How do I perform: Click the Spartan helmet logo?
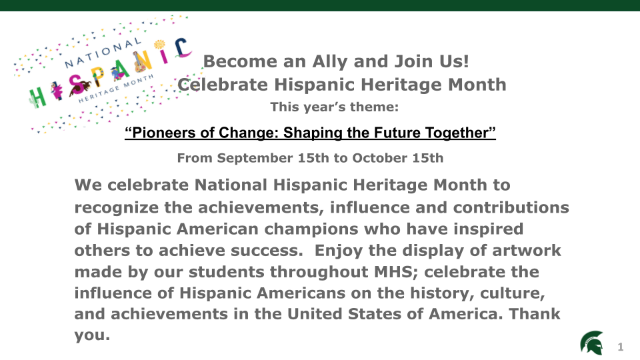[x=592, y=343]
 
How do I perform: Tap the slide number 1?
[x=621, y=347]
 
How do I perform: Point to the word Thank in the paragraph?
[x=534, y=314]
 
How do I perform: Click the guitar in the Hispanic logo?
[x=139, y=63]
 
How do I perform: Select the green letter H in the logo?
[x=37, y=98]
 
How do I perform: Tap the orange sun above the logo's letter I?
[x=159, y=44]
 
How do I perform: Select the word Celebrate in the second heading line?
[x=223, y=85]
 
